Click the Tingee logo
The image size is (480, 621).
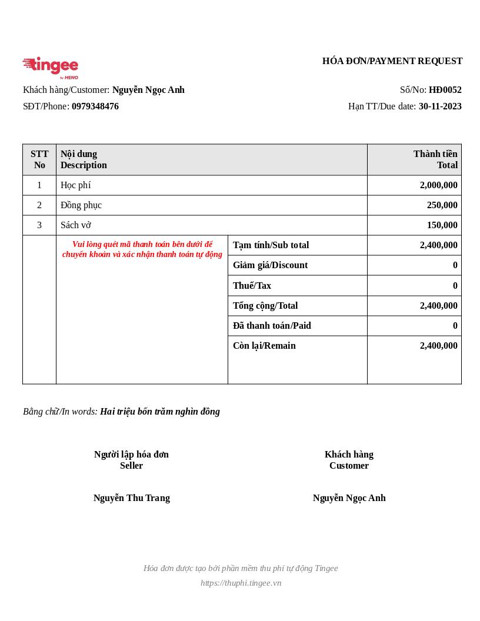pyautogui.click(x=51, y=68)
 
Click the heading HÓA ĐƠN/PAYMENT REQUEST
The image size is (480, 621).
pyautogui.click(x=392, y=61)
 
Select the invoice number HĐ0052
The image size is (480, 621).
pyautogui.click(x=445, y=90)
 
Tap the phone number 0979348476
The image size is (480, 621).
pyautogui.click(x=95, y=106)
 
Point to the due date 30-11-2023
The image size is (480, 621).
pyautogui.click(x=440, y=106)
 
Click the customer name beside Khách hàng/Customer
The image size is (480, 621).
pyautogui.click(x=148, y=90)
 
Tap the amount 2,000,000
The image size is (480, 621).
pyautogui.click(x=438, y=185)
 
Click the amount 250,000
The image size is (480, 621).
pyautogui.click(x=442, y=205)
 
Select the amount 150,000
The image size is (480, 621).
pyautogui.click(x=442, y=225)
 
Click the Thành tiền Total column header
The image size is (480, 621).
pyautogui.click(x=435, y=159)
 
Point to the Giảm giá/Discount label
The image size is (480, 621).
pyautogui.click(x=270, y=265)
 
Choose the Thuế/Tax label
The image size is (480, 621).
pyautogui.click(x=252, y=286)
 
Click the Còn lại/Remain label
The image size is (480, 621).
pyautogui.click(x=264, y=346)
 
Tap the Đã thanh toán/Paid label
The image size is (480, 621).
pyautogui.click(x=272, y=326)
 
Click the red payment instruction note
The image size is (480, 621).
pyautogui.click(x=142, y=249)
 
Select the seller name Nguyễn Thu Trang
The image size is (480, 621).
pyautogui.click(x=132, y=498)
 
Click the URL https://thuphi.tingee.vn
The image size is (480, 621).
pyautogui.click(x=241, y=583)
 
